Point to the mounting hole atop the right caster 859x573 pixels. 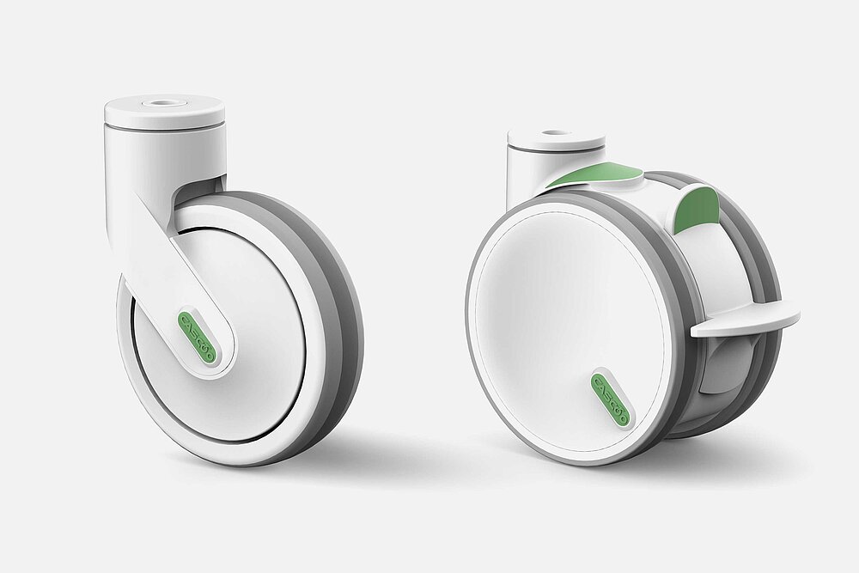(x=556, y=134)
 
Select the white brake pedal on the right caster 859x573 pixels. (x=746, y=321)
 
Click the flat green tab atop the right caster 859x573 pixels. (x=598, y=174)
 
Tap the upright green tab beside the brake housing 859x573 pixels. (x=697, y=210)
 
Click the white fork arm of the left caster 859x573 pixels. (x=163, y=258)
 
